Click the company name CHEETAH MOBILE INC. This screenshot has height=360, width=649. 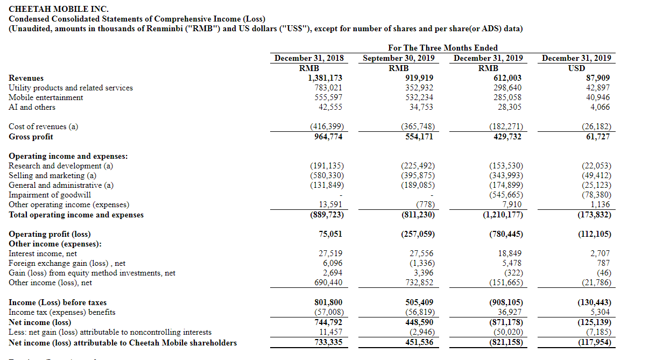tap(59, 9)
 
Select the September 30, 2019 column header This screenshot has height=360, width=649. tap(399, 58)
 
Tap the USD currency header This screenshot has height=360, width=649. tap(576, 68)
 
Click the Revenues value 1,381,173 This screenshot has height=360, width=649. tap(325, 78)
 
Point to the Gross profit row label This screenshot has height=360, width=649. tap(31, 137)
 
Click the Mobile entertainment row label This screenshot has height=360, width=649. tap(46, 97)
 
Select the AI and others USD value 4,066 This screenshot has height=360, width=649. tap(600, 107)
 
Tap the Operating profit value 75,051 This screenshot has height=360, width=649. tap(330, 234)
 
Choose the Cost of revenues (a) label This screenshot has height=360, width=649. tap(44, 126)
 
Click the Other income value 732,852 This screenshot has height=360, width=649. tap(419, 283)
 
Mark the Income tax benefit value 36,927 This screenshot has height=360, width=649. tap(510, 312)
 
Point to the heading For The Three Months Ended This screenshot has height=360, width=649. tap(443, 47)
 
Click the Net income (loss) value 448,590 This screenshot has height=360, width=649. tap(419, 322)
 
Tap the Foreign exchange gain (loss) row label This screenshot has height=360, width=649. tap(67, 263)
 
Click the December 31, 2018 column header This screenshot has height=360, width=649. tap(309, 58)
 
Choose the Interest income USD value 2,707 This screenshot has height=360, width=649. tap(600, 253)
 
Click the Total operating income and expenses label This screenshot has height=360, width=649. tap(76, 215)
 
